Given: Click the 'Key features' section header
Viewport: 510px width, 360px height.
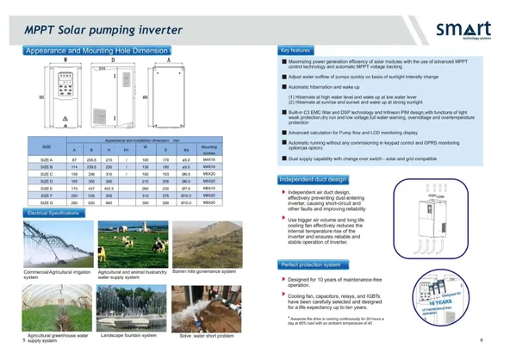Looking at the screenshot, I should (x=295, y=51).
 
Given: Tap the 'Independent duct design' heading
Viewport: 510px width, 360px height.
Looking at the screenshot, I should (x=314, y=179).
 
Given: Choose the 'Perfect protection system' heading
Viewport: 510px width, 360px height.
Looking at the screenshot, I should (x=310, y=264).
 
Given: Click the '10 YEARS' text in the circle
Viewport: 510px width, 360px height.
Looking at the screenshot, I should (x=457, y=302).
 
